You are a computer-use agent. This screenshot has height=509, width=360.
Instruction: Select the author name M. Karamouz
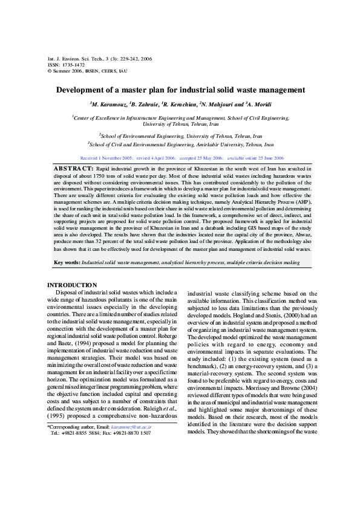pos(110,104)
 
